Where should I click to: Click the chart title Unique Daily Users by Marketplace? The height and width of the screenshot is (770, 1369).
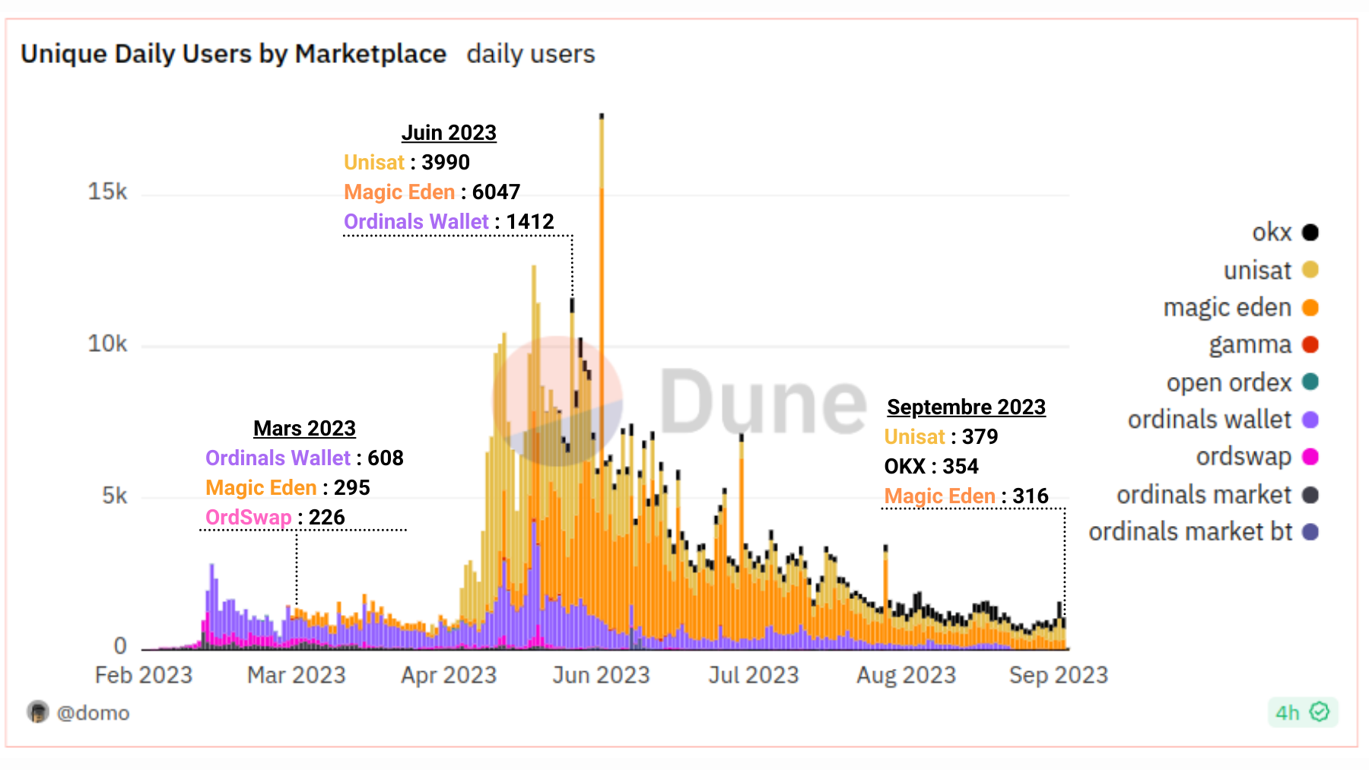[233, 54]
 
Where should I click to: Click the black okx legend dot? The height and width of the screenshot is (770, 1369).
[1310, 232]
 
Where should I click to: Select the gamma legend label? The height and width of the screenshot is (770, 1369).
[1250, 345]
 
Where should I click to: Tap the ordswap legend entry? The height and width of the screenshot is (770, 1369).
[1244, 457]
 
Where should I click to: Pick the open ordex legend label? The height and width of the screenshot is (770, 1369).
[1228, 382]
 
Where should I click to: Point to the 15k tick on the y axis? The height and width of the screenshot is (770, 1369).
[107, 192]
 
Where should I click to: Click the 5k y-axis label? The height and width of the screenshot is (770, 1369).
[114, 496]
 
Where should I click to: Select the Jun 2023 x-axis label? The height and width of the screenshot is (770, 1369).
[601, 675]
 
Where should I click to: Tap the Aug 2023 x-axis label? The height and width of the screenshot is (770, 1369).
[906, 675]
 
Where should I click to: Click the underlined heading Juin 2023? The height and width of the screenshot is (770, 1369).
[449, 133]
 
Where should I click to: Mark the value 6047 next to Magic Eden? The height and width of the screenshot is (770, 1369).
[496, 192]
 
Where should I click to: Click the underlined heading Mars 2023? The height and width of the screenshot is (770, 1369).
[304, 429]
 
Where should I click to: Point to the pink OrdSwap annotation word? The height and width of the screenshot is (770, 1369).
[248, 518]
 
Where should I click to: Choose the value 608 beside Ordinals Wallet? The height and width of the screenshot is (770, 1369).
[385, 458]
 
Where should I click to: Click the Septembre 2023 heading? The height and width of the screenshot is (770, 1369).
[966, 407]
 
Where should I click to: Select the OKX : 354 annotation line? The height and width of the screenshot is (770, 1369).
[931, 467]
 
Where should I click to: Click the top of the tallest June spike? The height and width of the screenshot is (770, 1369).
[602, 116]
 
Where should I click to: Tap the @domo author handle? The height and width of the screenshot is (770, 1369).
[92, 713]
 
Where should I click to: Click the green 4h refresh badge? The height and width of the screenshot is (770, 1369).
[1302, 712]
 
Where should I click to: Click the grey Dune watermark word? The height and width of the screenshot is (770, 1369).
[762, 401]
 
